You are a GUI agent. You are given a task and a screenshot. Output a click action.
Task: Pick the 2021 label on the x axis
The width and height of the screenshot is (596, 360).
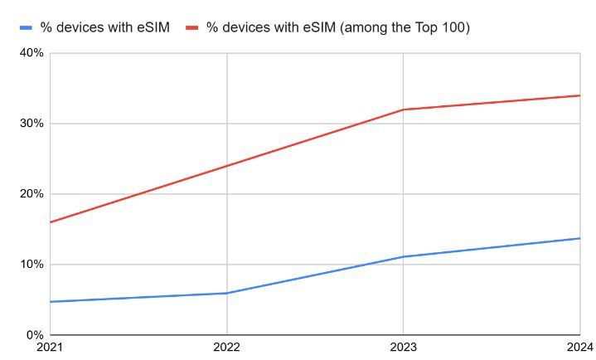(x=50, y=348)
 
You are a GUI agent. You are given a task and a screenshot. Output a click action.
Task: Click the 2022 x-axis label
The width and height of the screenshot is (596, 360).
(x=226, y=348)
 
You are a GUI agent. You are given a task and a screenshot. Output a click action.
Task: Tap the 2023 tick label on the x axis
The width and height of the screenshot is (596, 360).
(x=403, y=348)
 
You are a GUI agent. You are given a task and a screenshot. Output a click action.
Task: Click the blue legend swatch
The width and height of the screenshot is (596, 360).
(x=26, y=27)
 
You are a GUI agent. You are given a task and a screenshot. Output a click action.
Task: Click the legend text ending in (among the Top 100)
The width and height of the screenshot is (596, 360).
(x=338, y=27)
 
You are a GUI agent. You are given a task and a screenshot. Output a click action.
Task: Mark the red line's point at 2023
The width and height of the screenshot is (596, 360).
(x=403, y=109)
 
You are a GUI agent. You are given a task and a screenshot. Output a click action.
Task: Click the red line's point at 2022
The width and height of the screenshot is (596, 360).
(x=226, y=166)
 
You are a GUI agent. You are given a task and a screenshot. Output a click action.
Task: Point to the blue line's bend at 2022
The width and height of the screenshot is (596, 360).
(x=226, y=293)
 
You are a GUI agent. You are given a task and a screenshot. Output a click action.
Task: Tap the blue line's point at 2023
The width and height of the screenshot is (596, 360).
(x=403, y=256)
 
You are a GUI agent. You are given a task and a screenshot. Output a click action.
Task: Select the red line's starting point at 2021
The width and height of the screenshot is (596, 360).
(x=51, y=222)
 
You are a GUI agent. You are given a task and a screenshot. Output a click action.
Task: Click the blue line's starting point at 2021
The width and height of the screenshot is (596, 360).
(x=51, y=302)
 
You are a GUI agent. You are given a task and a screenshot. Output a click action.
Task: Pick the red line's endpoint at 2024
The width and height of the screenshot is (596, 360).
(x=579, y=95)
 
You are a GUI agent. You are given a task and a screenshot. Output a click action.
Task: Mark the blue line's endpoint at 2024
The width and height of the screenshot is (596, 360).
(x=579, y=238)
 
